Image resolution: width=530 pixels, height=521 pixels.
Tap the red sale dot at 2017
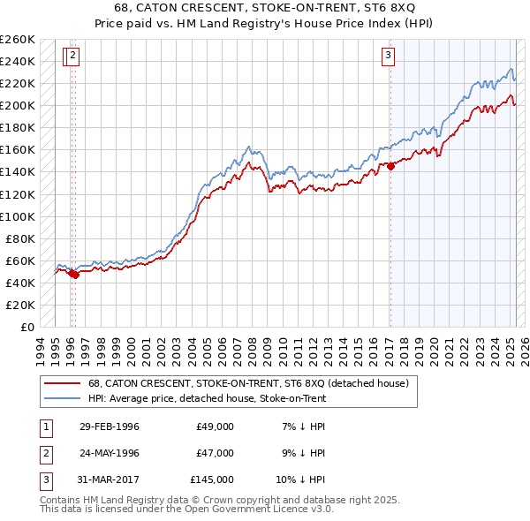point(390,166)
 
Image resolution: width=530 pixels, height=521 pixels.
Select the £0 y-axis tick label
point(26,327)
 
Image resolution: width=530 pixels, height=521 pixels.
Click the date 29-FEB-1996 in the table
point(109,427)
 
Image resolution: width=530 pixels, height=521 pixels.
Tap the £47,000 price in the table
point(215,453)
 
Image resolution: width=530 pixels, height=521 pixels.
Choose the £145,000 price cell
point(212,479)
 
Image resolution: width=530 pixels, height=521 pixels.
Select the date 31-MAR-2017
point(109,479)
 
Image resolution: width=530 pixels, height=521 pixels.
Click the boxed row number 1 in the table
point(45,427)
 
